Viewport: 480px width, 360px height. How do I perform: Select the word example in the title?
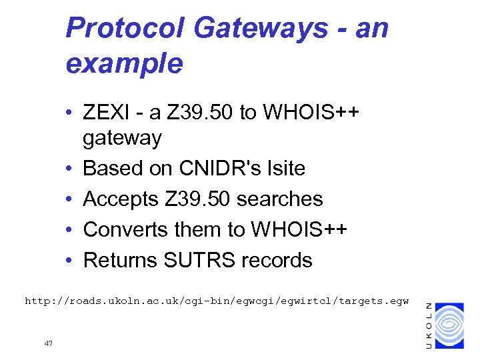coord(124,63)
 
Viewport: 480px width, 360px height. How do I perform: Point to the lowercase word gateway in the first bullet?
coord(122,138)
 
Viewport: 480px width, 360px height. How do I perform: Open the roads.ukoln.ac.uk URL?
coord(217,301)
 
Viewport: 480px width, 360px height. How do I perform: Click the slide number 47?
coord(48,343)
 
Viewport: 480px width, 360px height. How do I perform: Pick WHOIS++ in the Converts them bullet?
coord(298,229)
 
